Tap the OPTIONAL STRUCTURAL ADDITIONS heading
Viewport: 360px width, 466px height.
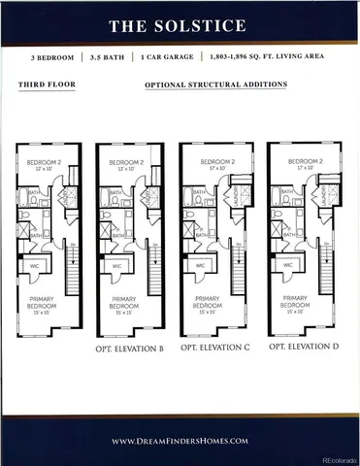pos(215,85)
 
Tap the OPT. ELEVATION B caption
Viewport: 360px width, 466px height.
pos(128,348)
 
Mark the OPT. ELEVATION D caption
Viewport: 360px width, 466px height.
pos(303,346)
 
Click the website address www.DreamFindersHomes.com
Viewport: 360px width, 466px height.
pos(180,441)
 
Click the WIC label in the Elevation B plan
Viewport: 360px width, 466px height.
pos(116,266)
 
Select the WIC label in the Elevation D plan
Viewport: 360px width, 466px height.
pos(287,264)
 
